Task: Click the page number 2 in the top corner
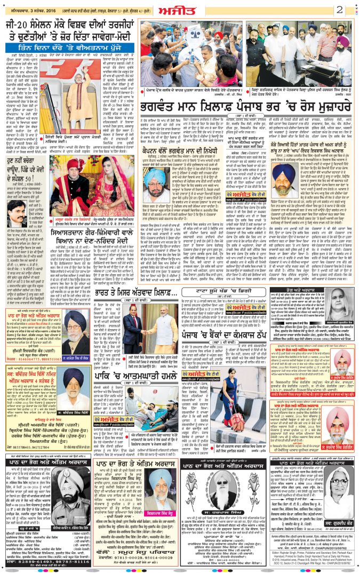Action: tap(339, 9)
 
